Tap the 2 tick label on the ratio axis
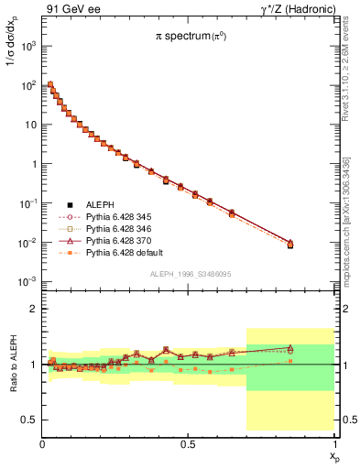pos(34,310)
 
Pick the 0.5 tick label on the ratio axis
pos(30,420)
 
